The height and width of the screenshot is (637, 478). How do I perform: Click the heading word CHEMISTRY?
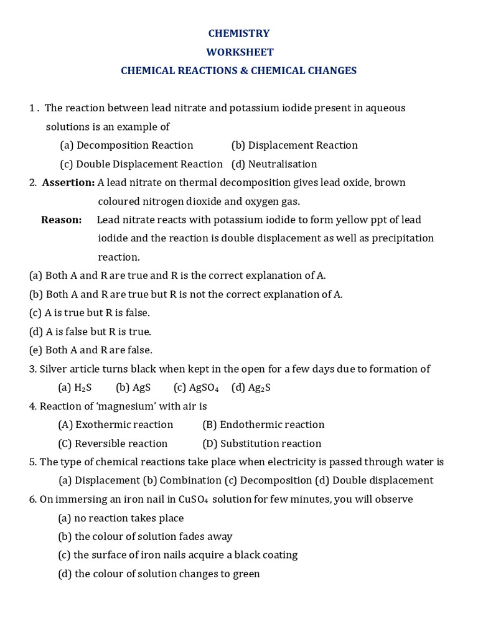(239, 34)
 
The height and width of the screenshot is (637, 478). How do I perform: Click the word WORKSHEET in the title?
(240, 52)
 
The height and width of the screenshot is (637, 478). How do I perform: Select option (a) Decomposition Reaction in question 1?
(126, 146)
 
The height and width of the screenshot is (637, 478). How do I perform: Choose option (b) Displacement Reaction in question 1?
(294, 146)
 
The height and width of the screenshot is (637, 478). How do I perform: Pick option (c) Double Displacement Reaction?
(141, 164)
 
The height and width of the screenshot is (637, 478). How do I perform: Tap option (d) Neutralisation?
(274, 164)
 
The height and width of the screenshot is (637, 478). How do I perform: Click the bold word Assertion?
(68, 183)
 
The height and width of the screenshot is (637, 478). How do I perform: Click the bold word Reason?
(61, 220)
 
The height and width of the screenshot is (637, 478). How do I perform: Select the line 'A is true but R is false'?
(90, 313)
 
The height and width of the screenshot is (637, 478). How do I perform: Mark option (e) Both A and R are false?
(91, 350)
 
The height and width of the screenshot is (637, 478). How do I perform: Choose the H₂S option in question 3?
(75, 388)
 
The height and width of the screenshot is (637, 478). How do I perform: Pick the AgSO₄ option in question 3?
(196, 388)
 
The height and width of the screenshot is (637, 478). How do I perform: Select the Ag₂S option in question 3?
(251, 388)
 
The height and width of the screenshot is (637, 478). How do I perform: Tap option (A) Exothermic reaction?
(116, 425)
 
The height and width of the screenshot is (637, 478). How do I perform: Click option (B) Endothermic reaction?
(263, 425)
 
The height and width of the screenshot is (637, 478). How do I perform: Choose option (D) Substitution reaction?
(262, 444)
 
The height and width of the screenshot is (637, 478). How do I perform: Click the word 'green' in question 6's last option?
(246, 574)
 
